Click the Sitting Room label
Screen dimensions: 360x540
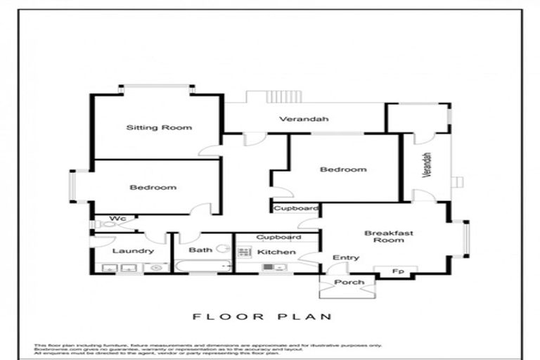(159, 128)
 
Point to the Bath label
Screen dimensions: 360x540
(200, 250)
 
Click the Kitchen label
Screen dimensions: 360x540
(271, 251)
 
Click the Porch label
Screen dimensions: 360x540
(349, 282)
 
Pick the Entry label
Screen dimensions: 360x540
(345, 258)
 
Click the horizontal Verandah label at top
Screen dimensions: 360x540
(304, 119)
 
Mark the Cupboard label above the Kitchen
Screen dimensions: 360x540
(278, 237)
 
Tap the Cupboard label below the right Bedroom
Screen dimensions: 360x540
(296, 209)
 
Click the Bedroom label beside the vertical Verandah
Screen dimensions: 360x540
(343, 169)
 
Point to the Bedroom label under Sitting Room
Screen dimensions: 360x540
(153, 188)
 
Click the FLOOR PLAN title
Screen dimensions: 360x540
(262, 317)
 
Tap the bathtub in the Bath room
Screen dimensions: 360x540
(202, 266)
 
